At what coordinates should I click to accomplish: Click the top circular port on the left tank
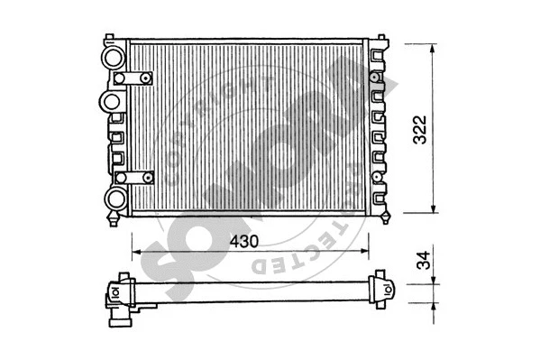[x=114, y=58]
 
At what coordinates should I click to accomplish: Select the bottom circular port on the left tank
[x=114, y=198]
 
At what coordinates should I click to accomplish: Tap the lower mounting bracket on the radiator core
[x=135, y=177]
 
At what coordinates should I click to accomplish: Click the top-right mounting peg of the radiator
[x=380, y=41]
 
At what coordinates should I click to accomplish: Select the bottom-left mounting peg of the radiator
[x=113, y=219]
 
